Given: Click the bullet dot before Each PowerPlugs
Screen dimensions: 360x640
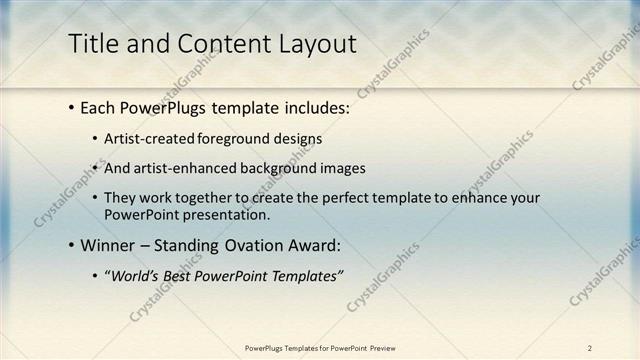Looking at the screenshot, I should (x=72, y=106).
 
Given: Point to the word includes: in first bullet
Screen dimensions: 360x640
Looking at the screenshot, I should (x=315, y=106).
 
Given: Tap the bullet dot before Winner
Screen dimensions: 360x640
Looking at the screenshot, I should (x=72, y=245).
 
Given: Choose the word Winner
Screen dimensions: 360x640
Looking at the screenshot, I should (x=108, y=245).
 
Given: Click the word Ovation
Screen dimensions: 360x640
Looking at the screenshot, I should (x=256, y=245).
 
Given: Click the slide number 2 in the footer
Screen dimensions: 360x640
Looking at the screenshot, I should (x=590, y=348).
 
